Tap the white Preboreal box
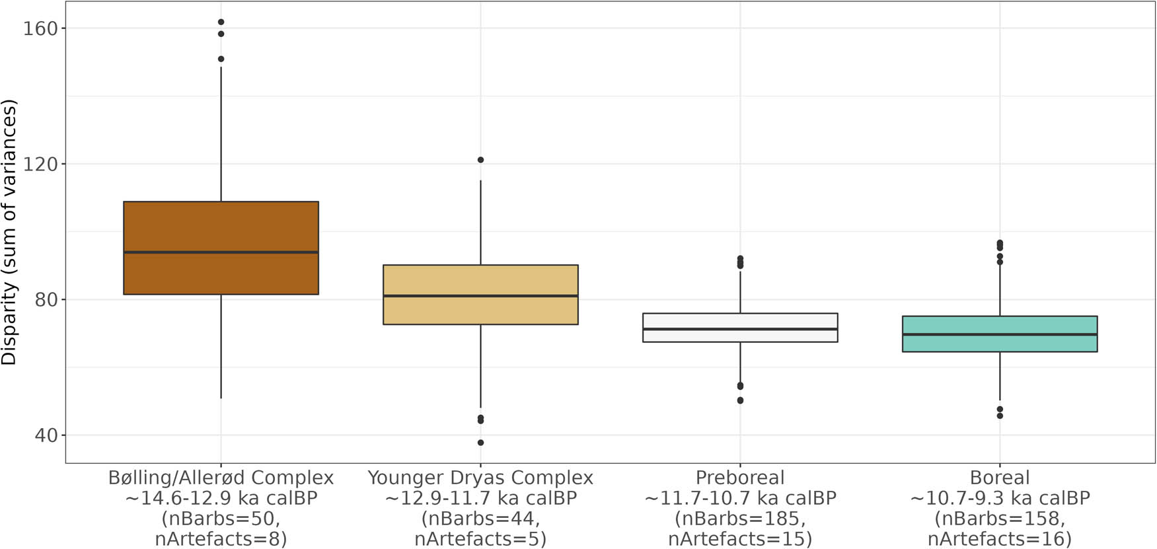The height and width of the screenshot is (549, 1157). (740, 320)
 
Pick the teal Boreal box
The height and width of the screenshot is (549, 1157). (1000, 344)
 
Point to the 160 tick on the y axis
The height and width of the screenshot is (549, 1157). (40, 28)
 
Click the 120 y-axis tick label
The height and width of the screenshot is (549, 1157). (40, 164)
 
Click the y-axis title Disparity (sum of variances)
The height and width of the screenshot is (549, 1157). (9, 233)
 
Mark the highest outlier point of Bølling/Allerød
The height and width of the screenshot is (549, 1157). (221, 22)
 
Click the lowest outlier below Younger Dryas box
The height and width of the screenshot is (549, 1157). (480, 443)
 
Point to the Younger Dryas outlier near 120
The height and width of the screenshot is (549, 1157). (480, 160)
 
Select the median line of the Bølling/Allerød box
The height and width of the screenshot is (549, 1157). (221, 252)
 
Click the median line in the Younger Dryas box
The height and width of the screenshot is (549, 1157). (480, 295)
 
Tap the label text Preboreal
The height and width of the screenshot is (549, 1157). (740, 478)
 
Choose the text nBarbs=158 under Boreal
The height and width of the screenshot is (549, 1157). (1000, 519)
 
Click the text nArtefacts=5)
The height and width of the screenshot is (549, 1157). (480, 539)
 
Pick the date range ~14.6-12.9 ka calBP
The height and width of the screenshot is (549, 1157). (221, 498)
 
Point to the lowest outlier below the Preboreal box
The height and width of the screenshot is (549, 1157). (740, 400)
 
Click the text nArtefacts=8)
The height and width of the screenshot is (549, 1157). (221, 539)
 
